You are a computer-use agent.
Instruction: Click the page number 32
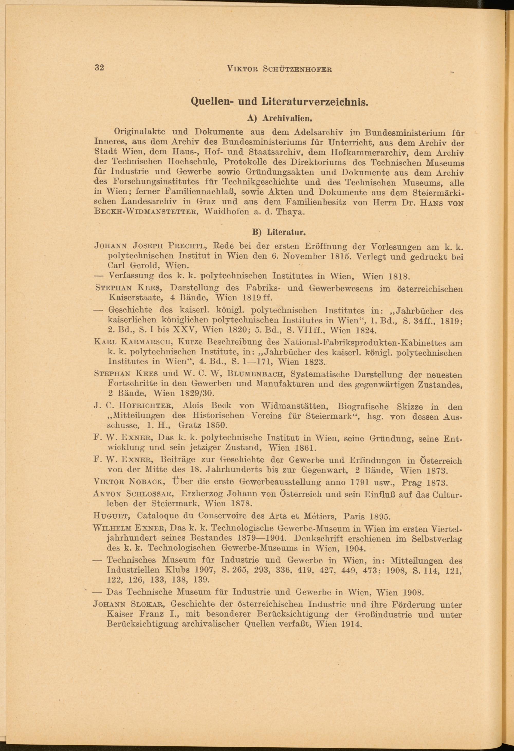tap(99, 68)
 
